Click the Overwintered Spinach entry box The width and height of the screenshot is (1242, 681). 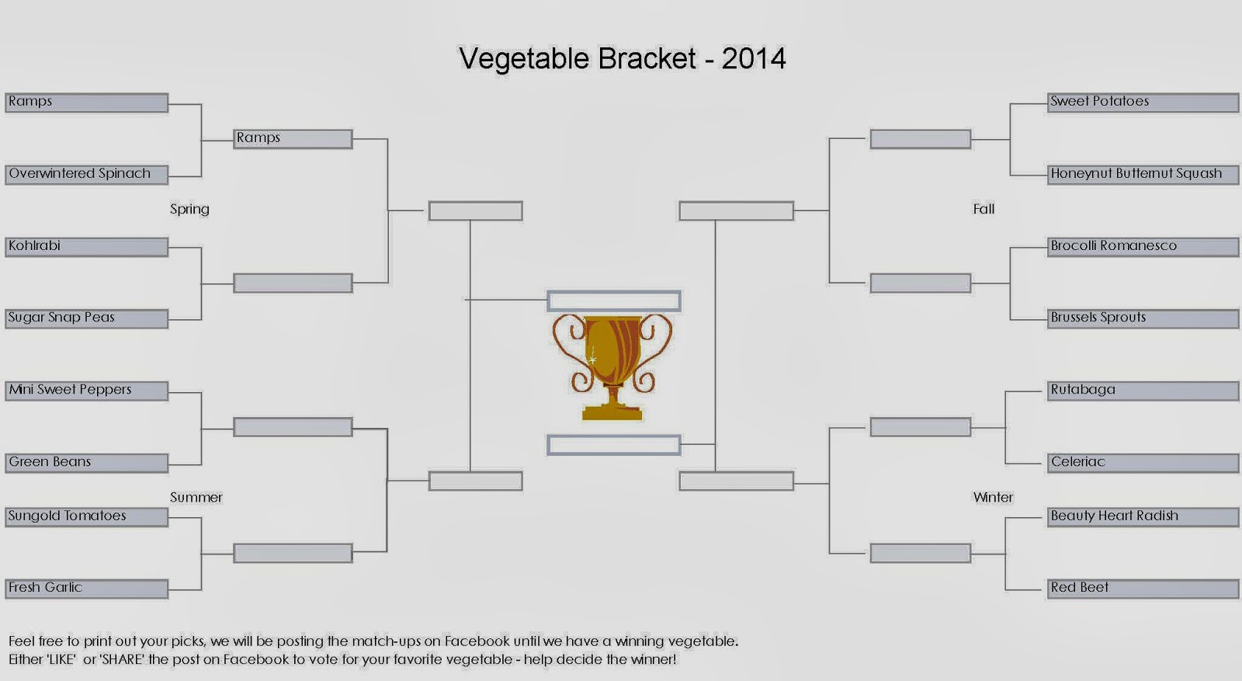click(86, 174)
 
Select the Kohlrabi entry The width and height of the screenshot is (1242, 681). click(86, 247)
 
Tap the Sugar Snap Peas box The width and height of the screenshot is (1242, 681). click(86, 318)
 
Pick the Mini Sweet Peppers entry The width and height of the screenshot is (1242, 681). click(86, 391)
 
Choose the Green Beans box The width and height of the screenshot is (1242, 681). click(86, 463)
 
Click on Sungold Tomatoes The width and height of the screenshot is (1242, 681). click(86, 517)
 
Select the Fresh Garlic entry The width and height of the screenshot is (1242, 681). click(86, 589)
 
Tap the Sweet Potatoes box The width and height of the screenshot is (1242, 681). click(1143, 102)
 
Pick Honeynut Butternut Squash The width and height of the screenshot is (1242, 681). click(1143, 174)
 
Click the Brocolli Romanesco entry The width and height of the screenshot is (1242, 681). click(1143, 247)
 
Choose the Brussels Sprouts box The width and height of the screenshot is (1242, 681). click(1143, 318)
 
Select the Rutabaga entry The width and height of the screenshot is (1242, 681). click(1143, 391)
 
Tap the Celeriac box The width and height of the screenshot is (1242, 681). click(1143, 463)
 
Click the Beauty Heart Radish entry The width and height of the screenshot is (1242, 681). click(1143, 517)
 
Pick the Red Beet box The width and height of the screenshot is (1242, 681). click(1143, 589)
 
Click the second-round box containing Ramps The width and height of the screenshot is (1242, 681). click(293, 139)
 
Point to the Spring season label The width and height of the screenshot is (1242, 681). click(189, 210)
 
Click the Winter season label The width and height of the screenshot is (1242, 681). click(993, 498)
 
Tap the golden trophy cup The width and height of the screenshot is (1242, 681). click(612, 367)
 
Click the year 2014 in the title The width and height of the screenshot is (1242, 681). click(754, 58)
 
